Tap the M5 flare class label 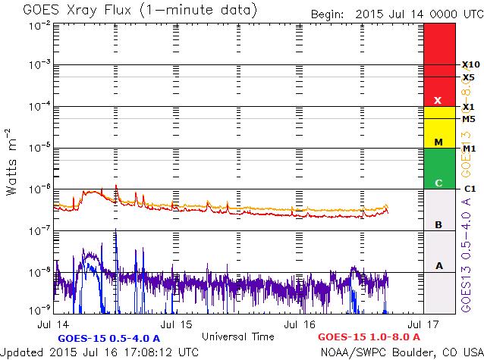(x=468, y=119)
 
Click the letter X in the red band (x=438, y=100)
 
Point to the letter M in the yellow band (x=438, y=142)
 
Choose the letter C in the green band (x=438, y=183)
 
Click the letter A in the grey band (x=438, y=265)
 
